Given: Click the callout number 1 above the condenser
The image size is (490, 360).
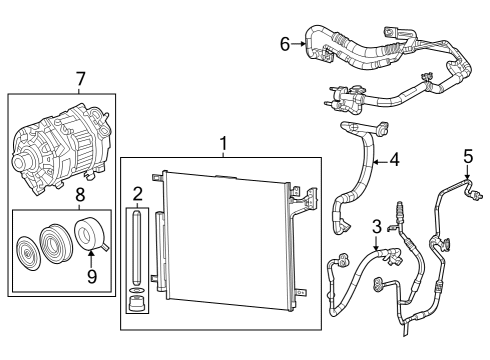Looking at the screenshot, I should pos(223,143).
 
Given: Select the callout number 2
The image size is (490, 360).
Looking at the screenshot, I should pos(138,193).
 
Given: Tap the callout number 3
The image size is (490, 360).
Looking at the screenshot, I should pos(377,225).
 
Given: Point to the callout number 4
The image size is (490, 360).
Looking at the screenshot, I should pos(394,158).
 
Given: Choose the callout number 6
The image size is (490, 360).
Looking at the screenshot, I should pos(285,43).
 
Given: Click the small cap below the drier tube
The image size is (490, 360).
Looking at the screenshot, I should pos(137,301).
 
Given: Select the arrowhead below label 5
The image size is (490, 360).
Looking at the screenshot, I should pos(467,174).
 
